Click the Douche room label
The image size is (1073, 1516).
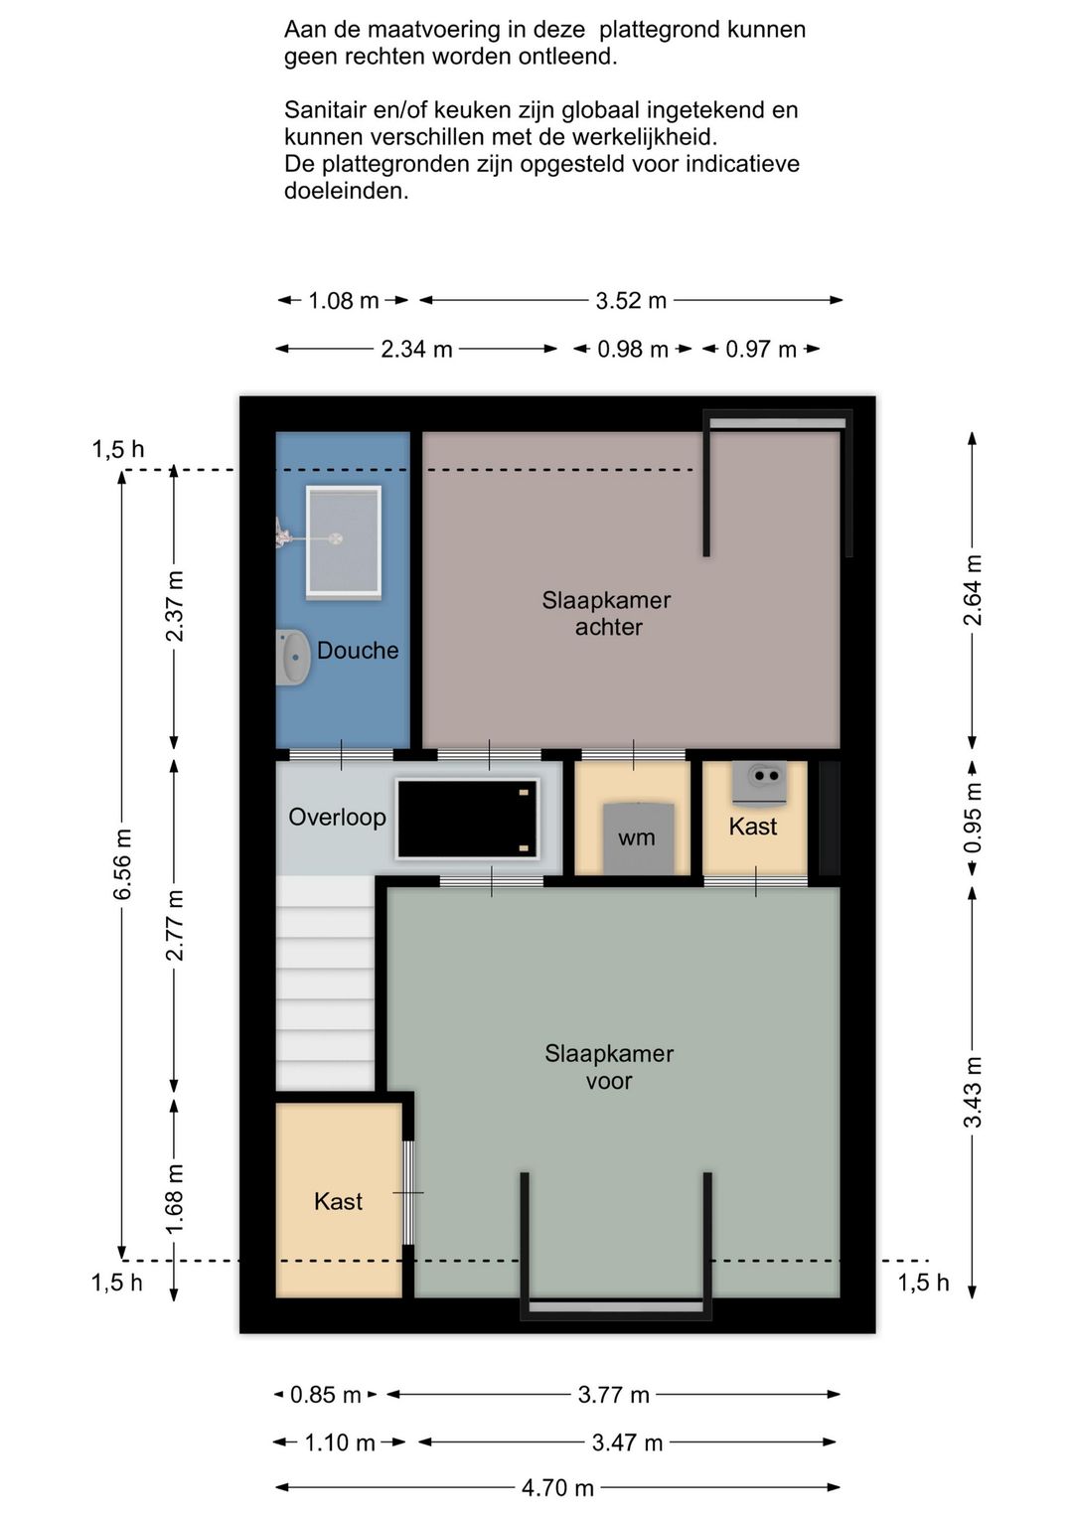[358, 651]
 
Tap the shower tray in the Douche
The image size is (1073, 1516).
[343, 542]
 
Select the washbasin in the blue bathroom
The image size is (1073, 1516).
[293, 657]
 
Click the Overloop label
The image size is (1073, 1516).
[337, 817]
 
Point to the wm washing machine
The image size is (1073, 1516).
[639, 837]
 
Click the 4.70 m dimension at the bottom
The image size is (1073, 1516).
[557, 1487]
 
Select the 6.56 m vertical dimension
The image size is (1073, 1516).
[122, 864]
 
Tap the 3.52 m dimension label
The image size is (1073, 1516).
[631, 300]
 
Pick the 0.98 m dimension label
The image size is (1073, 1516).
[632, 350]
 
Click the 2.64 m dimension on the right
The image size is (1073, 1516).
[972, 589]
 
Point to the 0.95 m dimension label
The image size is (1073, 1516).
[972, 819]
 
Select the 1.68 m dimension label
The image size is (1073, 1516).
[174, 1198]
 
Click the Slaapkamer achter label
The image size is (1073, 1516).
[607, 613]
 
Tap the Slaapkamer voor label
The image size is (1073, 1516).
[609, 1067]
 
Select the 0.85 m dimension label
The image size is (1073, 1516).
[325, 1394]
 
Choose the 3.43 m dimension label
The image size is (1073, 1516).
[972, 1092]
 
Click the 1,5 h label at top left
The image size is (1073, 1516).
[118, 449]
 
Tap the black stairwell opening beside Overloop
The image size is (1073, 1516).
[467, 820]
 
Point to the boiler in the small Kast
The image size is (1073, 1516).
[760, 784]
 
